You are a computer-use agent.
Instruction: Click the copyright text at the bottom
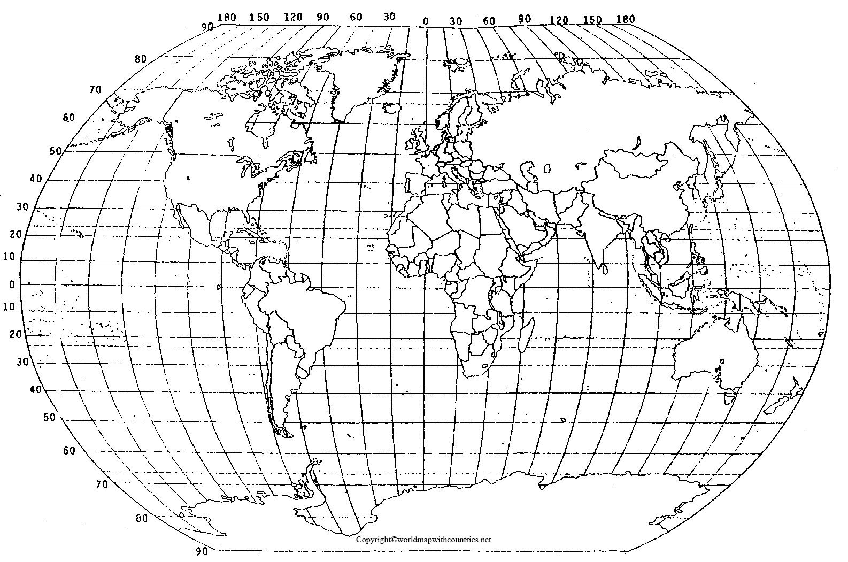(423, 540)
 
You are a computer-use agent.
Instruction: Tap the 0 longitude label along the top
(426, 21)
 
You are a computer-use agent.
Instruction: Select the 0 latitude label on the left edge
(12, 284)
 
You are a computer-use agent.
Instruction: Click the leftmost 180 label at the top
(227, 17)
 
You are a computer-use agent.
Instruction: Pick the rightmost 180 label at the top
(625, 19)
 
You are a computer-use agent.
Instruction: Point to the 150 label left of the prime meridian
(259, 17)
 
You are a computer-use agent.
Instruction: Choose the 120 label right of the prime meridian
(559, 20)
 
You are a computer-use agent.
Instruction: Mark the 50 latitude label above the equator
(56, 151)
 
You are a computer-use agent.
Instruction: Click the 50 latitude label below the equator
(50, 418)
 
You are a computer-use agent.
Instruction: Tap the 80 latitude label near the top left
(141, 59)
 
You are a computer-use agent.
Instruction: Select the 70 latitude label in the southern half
(102, 485)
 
